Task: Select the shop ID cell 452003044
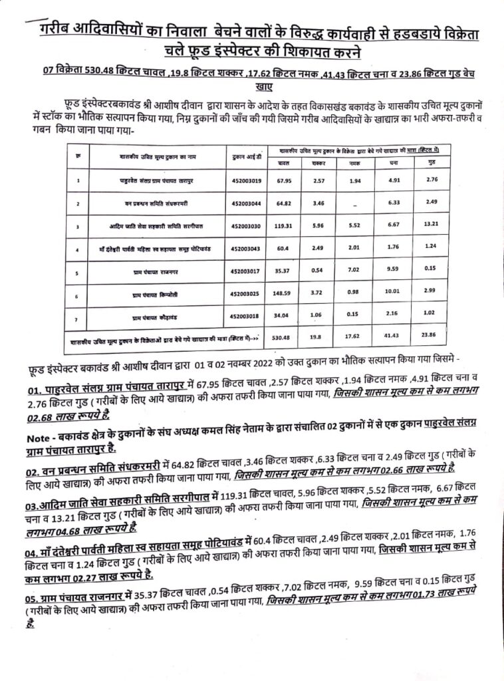point(245,202)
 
